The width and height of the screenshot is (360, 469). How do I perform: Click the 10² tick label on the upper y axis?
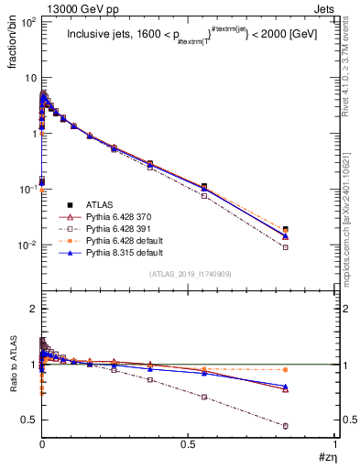(27, 21)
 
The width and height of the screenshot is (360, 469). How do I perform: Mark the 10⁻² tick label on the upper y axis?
(27, 245)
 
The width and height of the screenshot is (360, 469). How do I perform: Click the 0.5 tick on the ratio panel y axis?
(27, 420)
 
